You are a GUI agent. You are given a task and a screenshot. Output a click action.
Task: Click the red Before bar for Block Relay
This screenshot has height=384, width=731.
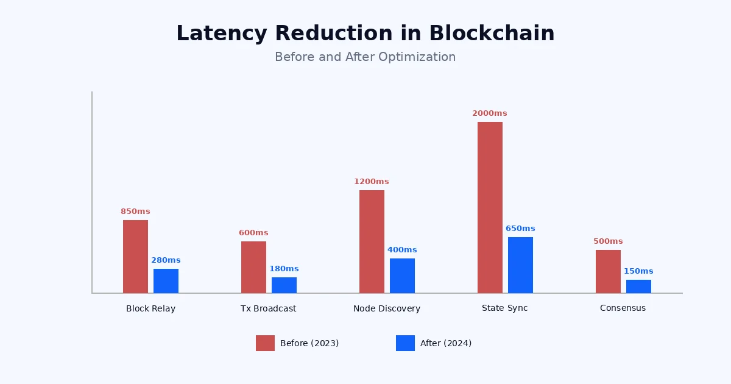click(x=135, y=257)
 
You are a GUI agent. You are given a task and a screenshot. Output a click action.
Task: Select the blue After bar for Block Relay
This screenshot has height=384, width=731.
click(x=166, y=281)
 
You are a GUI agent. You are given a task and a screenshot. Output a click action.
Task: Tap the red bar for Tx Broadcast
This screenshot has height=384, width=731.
click(x=253, y=267)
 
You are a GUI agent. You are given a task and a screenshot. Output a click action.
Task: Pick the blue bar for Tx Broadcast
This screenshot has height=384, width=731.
click(x=284, y=285)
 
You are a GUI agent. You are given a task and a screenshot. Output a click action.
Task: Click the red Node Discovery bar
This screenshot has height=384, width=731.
click(x=372, y=241)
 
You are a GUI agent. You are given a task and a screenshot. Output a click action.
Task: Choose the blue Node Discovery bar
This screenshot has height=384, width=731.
click(x=402, y=276)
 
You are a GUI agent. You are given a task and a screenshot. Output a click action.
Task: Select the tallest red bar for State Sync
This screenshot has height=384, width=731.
click(x=490, y=207)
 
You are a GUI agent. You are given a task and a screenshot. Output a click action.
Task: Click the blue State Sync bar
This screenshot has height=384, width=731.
click(x=520, y=265)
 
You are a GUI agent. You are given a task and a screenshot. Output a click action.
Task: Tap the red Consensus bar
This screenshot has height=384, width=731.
click(x=608, y=271)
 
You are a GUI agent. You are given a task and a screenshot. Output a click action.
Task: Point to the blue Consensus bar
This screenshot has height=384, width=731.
click(x=638, y=286)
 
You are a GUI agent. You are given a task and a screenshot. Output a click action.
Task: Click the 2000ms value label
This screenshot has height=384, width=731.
click(x=489, y=113)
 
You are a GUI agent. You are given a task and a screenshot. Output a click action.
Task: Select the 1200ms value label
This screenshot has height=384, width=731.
click(x=371, y=182)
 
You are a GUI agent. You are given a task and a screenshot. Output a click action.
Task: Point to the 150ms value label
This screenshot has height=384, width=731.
click(x=638, y=271)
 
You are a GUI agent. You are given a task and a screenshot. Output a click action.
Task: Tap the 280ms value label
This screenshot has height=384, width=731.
click(x=166, y=260)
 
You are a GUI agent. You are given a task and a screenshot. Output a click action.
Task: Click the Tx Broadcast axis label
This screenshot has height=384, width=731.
click(x=268, y=308)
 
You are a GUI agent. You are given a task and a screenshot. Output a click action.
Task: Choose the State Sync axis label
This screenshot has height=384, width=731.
click(x=504, y=308)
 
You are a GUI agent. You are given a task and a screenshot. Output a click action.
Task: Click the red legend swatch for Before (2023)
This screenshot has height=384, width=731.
click(x=265, y=343)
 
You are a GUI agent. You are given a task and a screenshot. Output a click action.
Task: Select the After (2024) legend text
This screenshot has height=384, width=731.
click(x=446, y=343)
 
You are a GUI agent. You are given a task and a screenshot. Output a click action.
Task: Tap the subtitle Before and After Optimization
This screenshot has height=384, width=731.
click(x=365, y=57)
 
